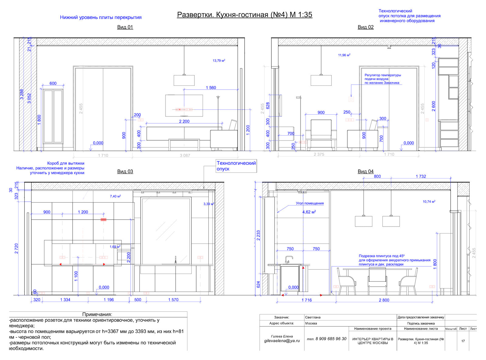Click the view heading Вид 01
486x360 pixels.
(x=125, y=27)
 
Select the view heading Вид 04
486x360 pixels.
(x=365, y=171)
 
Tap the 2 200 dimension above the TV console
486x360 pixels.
(x=184, y=121)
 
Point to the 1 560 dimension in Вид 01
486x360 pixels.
(x=211, y=88)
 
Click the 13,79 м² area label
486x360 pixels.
(x=219, y=61)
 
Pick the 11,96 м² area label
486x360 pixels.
(x=344, y=55)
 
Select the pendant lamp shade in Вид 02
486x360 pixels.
(x=321, y=81)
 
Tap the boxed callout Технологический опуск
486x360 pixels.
(x=236, y=166)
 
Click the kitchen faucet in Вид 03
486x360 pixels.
(x=175, y=259)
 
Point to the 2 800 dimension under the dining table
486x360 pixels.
(x=384, y=300)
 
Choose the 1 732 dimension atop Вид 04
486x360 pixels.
(x=421, y=176)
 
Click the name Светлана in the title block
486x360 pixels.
(x=313, y=317)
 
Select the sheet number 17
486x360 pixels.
(x=463, y=341)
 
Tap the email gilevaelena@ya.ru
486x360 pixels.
(x=282, y=341)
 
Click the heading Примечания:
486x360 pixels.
(x=97, y=314)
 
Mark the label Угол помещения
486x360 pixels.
(x=310, y=203)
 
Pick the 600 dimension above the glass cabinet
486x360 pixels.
(x=53, y=83)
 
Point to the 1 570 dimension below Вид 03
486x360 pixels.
(x=173, y=300)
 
